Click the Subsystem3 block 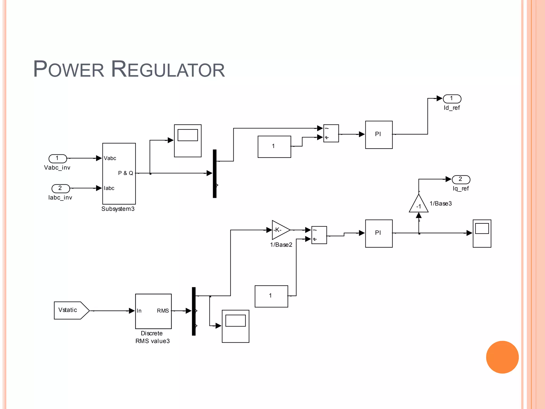[x=119, y=174]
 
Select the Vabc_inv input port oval [x=58, y=159]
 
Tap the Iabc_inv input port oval [x=61, y=189]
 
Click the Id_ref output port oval [x=452, y=99]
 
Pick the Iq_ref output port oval [x=461, y=179]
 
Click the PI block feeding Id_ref [x=379, y=135]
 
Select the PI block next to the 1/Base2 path [x=379, y=234]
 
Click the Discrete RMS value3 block [x=153, y=311]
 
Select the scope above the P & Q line [x=188, y=141]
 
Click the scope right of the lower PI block [x=482, y=234]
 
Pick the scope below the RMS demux [x=236, y=326]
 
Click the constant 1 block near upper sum [x=274, y=147]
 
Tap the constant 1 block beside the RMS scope [x=271, y=296]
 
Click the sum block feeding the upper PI [x=331, y=133]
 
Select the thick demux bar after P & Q [x=214, y=174]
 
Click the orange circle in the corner [x=502, y=357]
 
